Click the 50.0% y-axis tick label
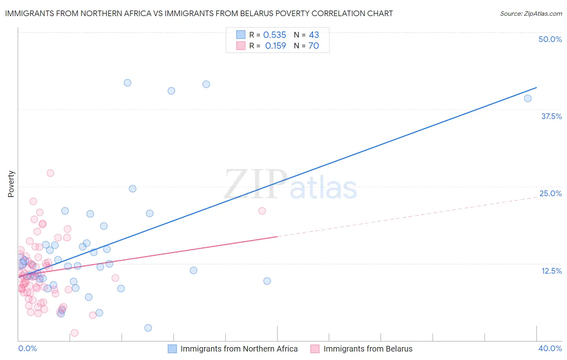(x=550, y=39)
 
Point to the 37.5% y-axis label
(x=551, y=116)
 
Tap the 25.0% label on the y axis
(x=550, y=193)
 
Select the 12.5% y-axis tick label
(x=551, y=271)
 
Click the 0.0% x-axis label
(x=27, y=348)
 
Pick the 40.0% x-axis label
(x=550, y=348)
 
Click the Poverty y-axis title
(x=11, y=184)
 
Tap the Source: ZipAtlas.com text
(x=531, y=14)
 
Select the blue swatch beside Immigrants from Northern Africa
(x=172, y=349)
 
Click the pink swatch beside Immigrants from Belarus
(x=315, y=349)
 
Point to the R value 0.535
(x=275, y=35)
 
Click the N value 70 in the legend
(x=314, y=46)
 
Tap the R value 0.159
(x=275, y=46)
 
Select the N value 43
(x=314, y=35)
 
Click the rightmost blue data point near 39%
(x=527, y=98)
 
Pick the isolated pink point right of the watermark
(x=262, y=211)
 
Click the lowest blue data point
(x=148, y=328)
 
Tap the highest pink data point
(x=50, y=173)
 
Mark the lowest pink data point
(x=75, y=333)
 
